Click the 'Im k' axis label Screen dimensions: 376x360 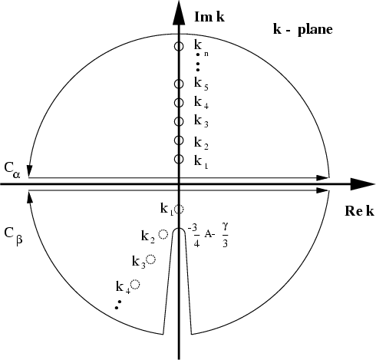point(209,17)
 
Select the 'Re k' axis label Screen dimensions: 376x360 point(359,211)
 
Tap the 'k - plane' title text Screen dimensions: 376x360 point(303,29)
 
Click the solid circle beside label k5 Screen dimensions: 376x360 point(179,84)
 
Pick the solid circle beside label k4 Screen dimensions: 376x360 point(179,103)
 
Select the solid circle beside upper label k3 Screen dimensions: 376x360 point(179,121)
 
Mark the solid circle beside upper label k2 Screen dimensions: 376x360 point(179,140)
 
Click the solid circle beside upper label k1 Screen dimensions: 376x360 point(179,159)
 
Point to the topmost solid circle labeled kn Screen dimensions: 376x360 point(179,46)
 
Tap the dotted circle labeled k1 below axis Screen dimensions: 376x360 point(179,209)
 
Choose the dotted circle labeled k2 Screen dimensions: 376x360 point(163,234)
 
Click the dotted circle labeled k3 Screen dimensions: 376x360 point(151,259)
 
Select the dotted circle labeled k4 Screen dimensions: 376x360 point(135,284)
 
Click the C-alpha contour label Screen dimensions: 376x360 point(12,170)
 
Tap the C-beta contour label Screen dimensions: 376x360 point(14,236)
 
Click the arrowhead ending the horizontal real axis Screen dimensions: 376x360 point(363,184)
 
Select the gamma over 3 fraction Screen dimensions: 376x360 point(225,235)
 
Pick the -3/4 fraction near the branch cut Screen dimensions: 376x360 point(194,235)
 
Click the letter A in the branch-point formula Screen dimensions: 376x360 point(207,234)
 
